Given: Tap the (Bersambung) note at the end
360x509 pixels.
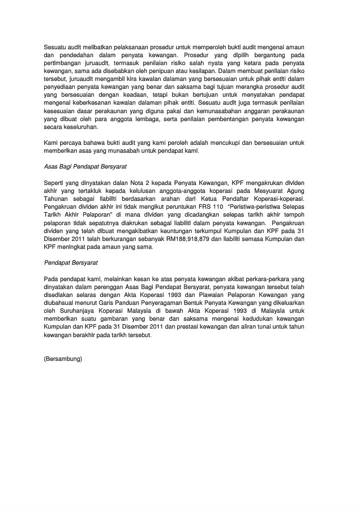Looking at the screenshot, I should tap(63, 358).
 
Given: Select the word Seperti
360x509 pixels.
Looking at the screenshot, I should tap(54, 184).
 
